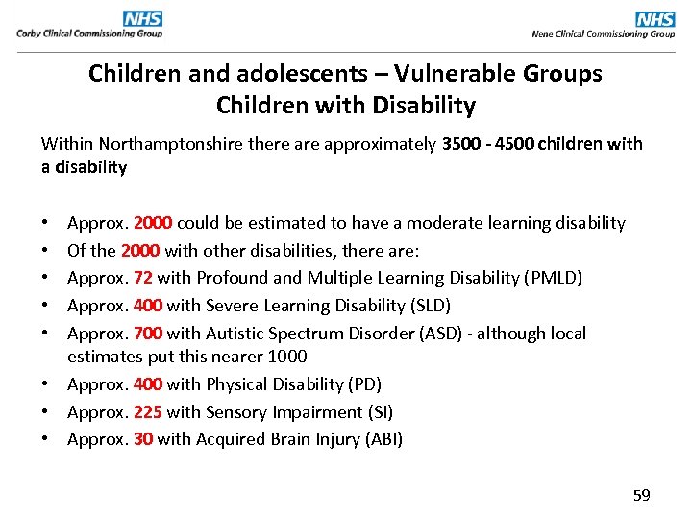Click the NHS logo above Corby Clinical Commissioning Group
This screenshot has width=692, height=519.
[142, 18]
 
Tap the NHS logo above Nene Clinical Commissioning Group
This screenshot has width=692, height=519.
[655, 18]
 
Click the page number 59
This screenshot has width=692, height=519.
[641, 495]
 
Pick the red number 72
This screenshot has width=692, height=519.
[142, 278]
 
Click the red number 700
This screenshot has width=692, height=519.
[148, 334]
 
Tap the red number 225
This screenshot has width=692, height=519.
[148, 412]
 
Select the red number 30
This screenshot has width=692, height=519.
[143, 439]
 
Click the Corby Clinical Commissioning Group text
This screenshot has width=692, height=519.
[89, 34]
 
